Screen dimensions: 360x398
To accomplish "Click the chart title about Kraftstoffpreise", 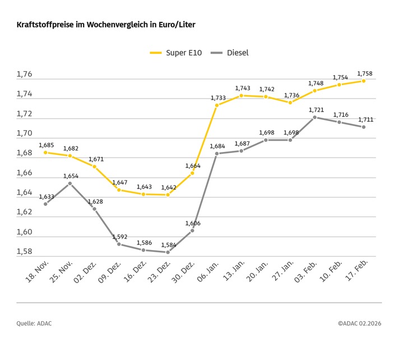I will click(106, 25).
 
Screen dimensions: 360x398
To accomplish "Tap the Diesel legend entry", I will click(229, 53).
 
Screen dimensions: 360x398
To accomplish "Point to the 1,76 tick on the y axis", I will click(24, 75).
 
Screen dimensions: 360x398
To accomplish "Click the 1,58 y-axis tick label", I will click(24, 252).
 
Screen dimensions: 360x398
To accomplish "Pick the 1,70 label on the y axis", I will click(24, 133).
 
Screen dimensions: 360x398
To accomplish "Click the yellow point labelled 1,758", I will click(364, 81).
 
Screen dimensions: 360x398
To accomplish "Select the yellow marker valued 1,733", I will click(217, 105).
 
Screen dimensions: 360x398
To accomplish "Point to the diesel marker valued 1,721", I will click(315, 117).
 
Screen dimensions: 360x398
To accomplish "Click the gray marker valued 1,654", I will click(70, 183).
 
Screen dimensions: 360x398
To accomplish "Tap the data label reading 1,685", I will click(47, 145).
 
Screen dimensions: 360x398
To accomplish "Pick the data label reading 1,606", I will click(193, 223).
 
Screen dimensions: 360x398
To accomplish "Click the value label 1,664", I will click(192, 166).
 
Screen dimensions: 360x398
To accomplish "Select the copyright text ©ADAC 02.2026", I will click(359, 323).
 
